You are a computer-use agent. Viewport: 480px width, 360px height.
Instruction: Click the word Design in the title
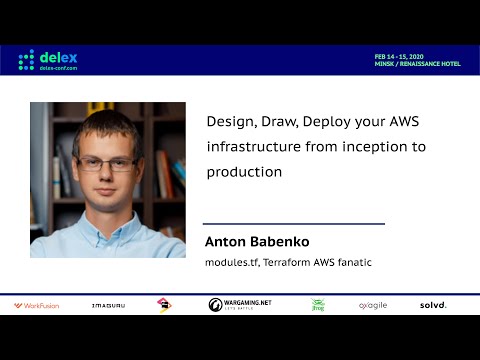pos(229,120)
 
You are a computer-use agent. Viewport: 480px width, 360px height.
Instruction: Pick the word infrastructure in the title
pos(252,146)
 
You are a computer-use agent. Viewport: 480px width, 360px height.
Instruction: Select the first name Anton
pos(225,242)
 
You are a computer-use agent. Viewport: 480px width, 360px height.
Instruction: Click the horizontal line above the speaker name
pos(294,224)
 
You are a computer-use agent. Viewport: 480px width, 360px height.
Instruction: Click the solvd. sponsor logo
pos(433,305)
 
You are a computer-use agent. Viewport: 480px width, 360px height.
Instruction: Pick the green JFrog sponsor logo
pos(317,305)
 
